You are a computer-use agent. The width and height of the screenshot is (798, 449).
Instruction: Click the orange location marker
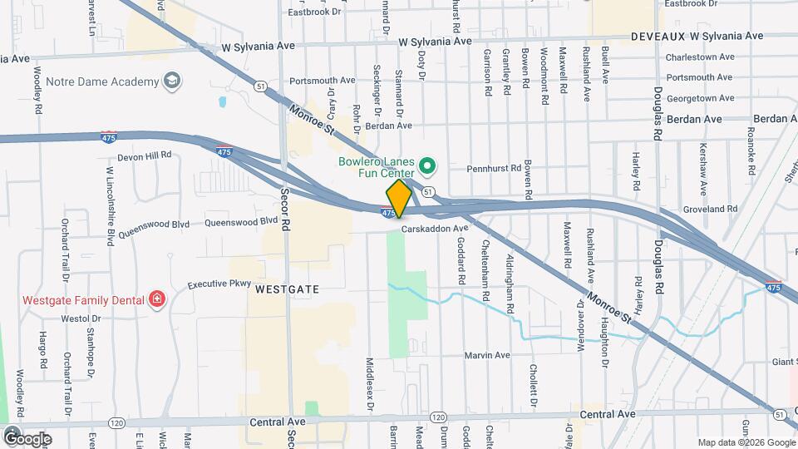click(x=399, y=197)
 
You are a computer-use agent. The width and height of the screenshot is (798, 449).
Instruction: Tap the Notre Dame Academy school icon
click(x=172, y=81)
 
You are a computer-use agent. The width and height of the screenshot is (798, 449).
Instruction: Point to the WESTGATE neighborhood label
click(x=288, y=289)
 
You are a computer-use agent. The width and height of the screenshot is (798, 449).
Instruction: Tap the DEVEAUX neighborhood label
click(x=658, y=37)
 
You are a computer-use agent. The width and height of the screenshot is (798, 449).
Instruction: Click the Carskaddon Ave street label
click(x=435, y=228)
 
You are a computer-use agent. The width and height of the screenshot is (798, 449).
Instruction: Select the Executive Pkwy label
click(x=219, y=284)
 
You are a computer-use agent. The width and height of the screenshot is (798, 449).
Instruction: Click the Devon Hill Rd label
click(x=144, y=155)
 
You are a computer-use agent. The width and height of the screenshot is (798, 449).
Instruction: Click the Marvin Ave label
click(x=486, y=355)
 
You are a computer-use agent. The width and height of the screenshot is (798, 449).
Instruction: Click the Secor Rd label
click(x=284, y=212)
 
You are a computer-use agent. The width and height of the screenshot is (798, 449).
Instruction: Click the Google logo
click(x=27, y=438)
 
